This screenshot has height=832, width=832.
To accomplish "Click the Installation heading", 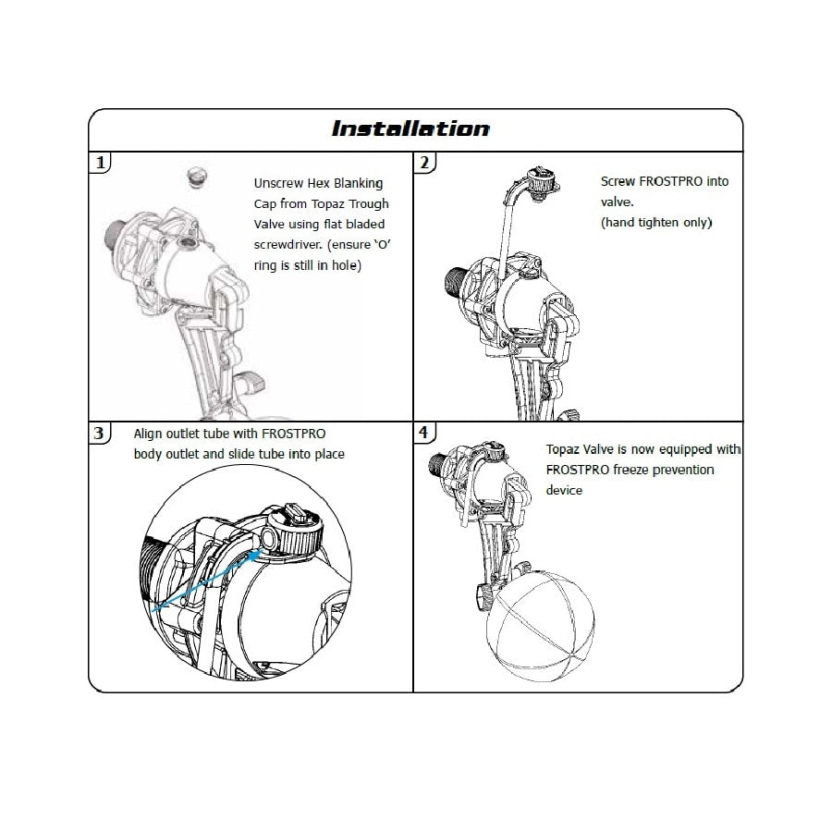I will [x=411, y=128].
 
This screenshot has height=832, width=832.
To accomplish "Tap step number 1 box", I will [x=101, y=164].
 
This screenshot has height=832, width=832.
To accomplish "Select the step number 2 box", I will [x=424, y=164].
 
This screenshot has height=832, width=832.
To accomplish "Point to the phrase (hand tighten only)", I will [x=655, y=223].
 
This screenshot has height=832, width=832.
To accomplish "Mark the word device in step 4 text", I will [x=565, y=490].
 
